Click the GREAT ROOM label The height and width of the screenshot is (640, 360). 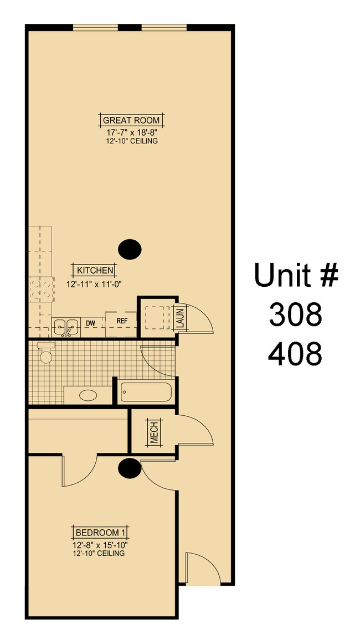click(131, 120)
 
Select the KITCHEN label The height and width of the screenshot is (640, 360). click(95, 271)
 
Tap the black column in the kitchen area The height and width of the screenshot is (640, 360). click(131, 249)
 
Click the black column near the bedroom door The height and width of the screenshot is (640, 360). click(129, 468)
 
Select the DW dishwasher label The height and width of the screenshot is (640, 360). click(90, 323)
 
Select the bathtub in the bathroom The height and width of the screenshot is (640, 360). click(146, 392)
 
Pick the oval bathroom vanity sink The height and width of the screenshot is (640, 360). click(88, 396)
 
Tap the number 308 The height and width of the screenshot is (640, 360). click(295, 315)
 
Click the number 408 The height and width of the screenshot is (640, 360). click(295, 354)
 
